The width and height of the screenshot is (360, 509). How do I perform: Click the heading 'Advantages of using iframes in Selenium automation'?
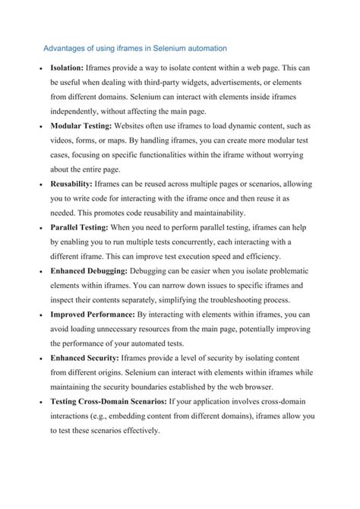point(134,48)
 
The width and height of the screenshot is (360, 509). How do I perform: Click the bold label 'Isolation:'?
point(67,68)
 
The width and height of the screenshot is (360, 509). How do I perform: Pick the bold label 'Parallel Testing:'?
point(79,227)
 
